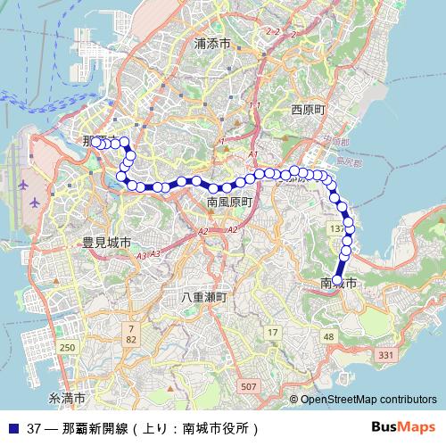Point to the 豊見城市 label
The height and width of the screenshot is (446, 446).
(107, 242)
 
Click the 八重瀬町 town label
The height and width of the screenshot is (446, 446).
(204, 296)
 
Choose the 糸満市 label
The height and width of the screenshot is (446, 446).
(67, 397)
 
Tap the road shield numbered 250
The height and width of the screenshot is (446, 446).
(68, 347)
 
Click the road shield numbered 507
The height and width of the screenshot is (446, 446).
(248, 385)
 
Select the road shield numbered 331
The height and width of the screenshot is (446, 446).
(385, 356)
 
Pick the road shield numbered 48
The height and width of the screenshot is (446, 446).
(328, 336)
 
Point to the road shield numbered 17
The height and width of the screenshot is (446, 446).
(272, 333)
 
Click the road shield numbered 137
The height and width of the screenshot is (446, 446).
(336, 230)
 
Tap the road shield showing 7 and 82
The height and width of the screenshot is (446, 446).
(131, 334)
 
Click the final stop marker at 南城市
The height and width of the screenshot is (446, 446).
(337, 278)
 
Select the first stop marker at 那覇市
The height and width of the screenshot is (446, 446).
(95, 142)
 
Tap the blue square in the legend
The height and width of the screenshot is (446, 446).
(12, 427)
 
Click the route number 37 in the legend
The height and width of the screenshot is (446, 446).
(34, 427)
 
